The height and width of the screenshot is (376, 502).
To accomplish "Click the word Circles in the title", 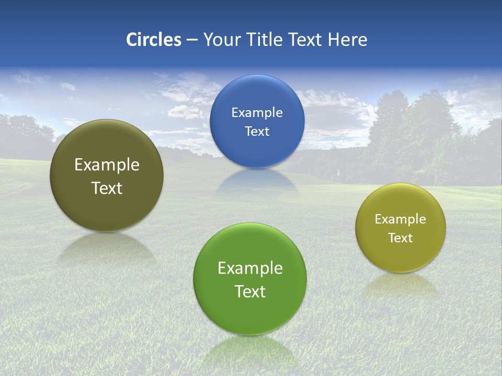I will tap(153, 40).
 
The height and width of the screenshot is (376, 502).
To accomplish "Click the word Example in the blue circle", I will tap(257, 113).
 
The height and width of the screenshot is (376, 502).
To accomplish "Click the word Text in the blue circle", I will tap(257, 132).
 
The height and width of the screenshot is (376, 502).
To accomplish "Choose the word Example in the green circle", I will tap(250, 268).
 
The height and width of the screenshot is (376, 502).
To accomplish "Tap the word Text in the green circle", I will tap(250, 291).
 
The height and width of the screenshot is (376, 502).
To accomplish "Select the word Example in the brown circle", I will tap(107, 165).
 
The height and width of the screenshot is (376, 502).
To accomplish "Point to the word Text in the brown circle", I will tap(107, 188).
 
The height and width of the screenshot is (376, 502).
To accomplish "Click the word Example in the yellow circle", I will tap(401, 219).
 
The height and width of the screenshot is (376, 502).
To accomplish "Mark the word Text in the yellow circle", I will tap(401, 238).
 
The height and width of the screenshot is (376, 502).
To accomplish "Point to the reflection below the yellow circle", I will tap(401, 285).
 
